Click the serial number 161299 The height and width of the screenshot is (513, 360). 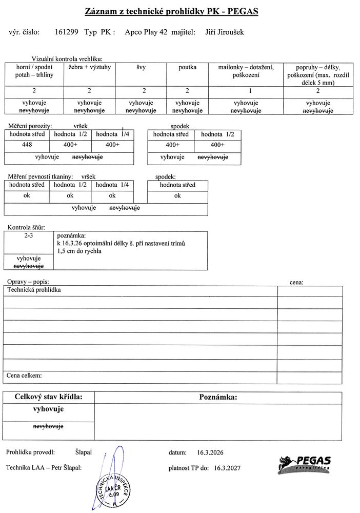(x=66, y=32)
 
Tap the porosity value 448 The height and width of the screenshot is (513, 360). (x=26, y=145)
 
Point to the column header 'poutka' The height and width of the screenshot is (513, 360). (x=187, y=67)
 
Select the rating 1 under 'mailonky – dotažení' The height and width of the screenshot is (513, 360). (x=238, y=91)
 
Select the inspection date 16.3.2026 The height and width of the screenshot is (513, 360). (x=210, y=452)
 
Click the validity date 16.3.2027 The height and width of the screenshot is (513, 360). (x=227, y=468)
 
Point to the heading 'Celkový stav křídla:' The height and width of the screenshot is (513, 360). (x=48, y=397)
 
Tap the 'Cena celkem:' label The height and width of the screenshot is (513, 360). (x=24, y=376)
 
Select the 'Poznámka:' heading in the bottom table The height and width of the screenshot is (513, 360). (x=217, y=397)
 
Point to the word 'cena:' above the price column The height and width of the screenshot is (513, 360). (x=296, y=282)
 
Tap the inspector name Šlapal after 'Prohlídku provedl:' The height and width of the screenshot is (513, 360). (x=83, y=452)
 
